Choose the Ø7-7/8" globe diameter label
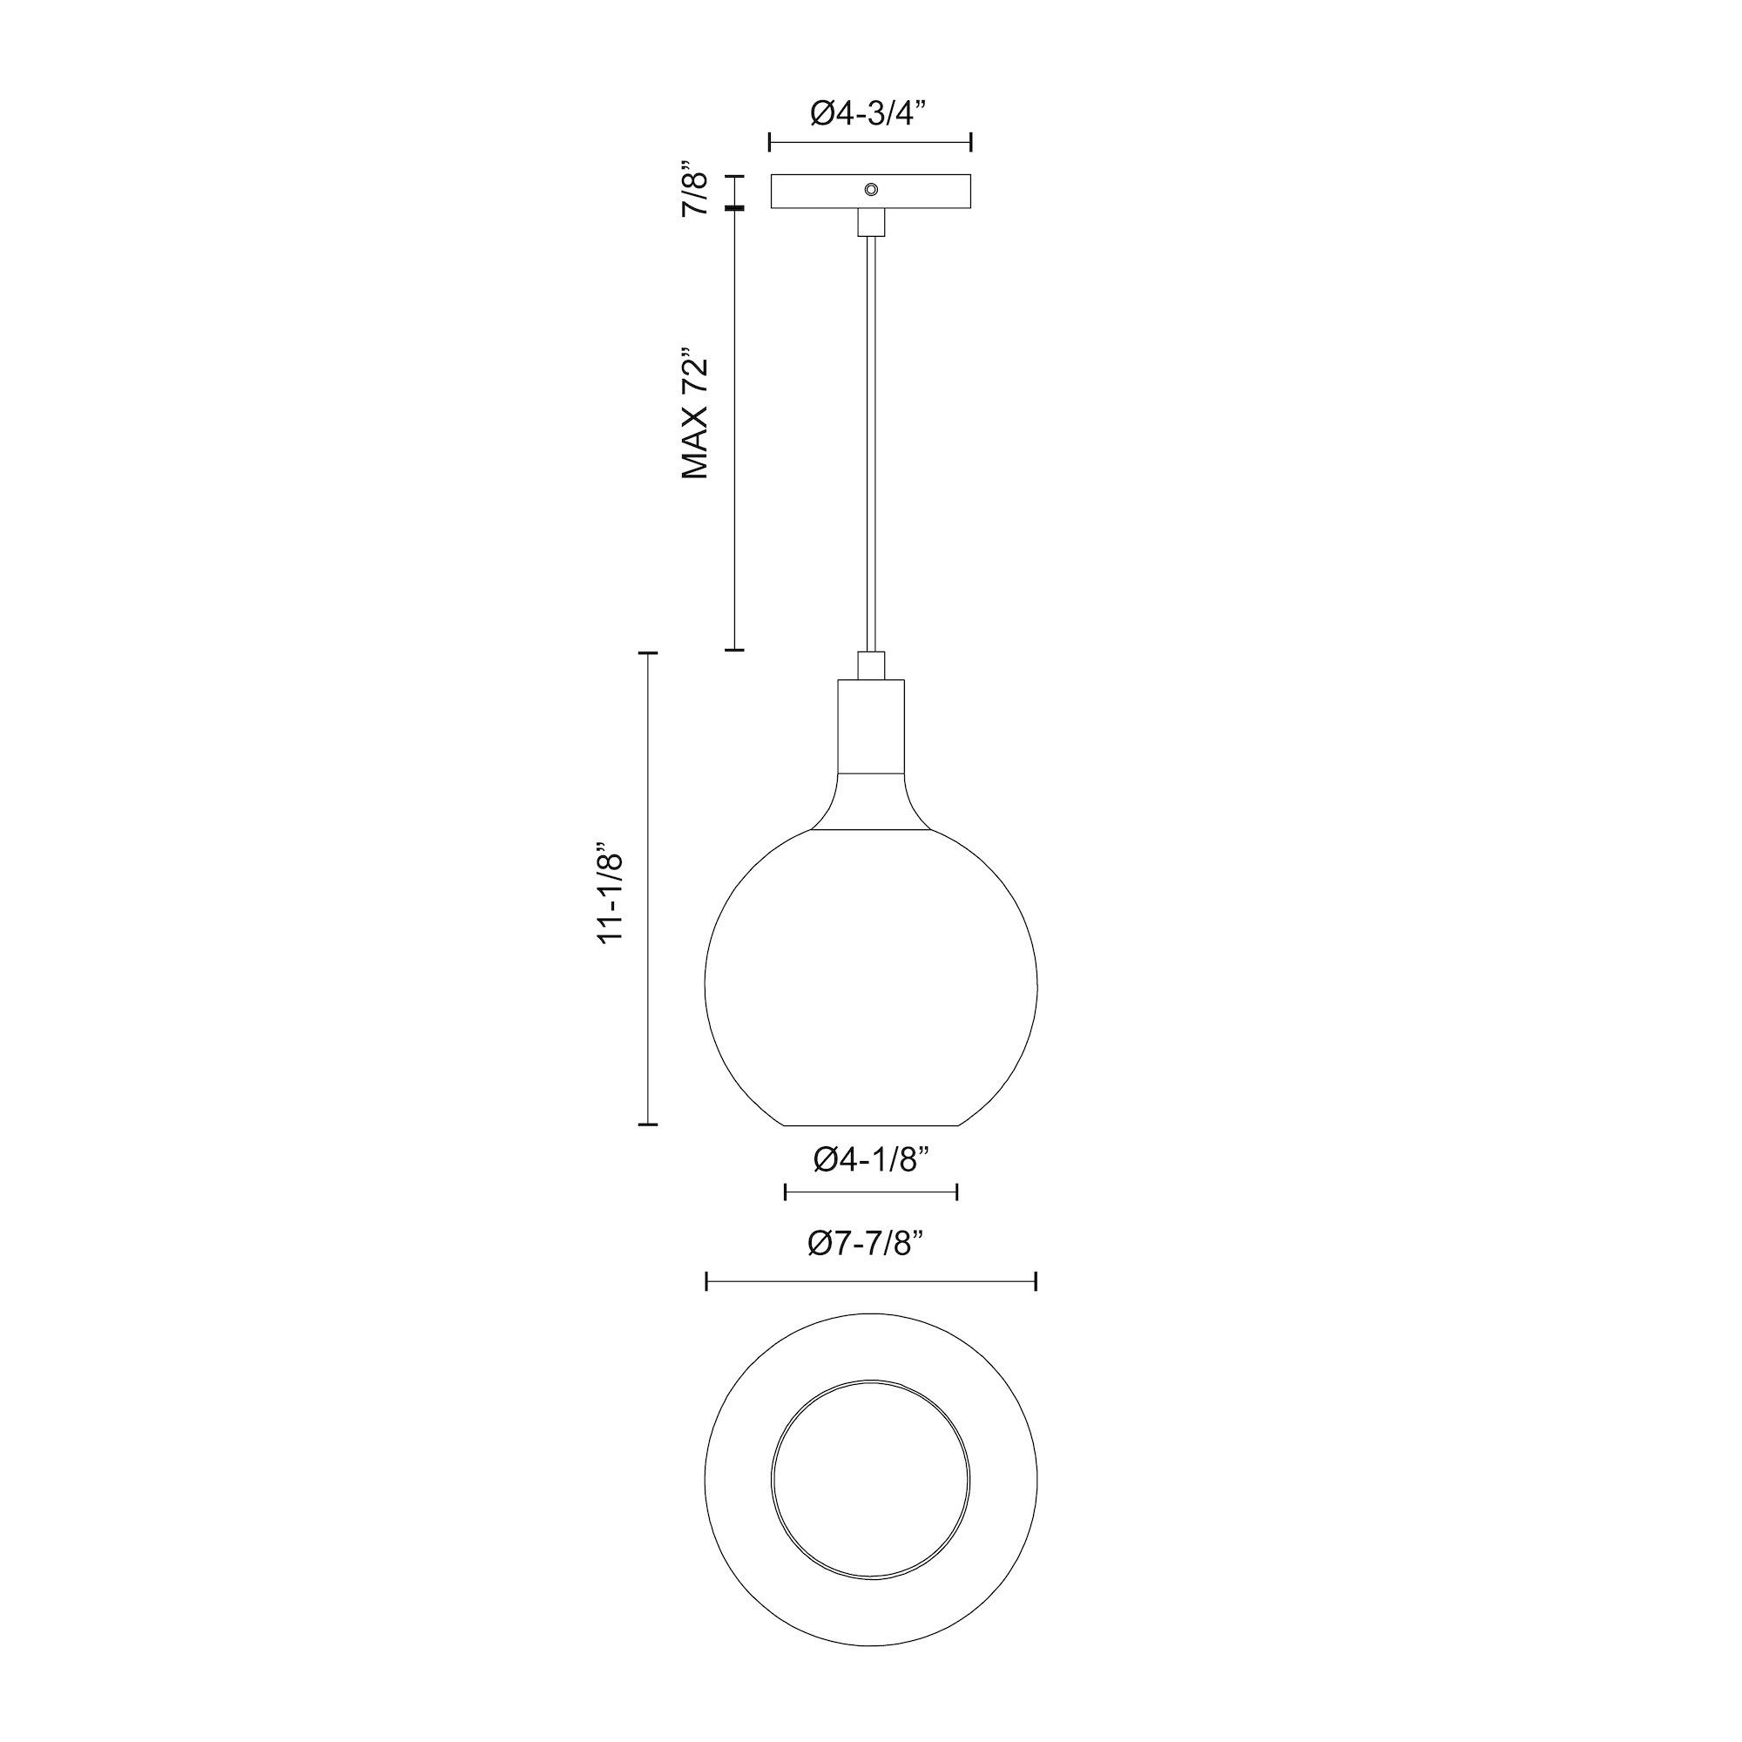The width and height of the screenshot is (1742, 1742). pos(868,1245)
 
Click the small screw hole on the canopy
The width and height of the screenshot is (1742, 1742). pos(871,188)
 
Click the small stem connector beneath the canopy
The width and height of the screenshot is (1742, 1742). pos(870,222)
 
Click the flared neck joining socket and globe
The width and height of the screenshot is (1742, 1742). pos(870,802)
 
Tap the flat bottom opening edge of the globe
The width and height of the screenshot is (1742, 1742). pos(870,1125)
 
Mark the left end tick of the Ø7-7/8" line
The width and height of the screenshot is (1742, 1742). pos(707,1281)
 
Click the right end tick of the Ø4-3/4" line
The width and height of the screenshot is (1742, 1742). pos(971,142)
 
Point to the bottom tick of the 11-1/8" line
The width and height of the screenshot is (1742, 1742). pos(647,1124)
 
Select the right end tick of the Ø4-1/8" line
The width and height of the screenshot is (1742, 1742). pos(955,1193)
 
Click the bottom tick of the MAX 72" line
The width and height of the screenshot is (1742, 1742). pos(735,649)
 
